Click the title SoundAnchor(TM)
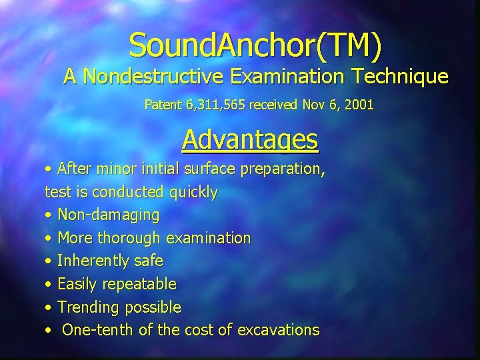point(256,45)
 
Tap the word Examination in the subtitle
point(291,77)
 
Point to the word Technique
point(405,77)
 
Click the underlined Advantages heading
point(250,140)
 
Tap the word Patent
point(161,105)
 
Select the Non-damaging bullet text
point(109,215)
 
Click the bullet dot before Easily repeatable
point(48,285)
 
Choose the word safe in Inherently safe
point(150,261)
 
